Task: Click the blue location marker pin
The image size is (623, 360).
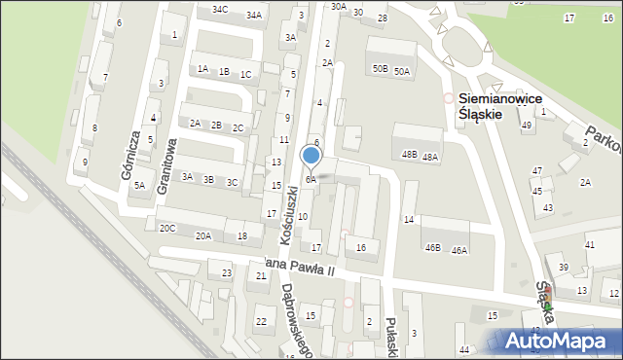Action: tap(311, 156)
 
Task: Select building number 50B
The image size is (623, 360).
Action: tap(380, 69)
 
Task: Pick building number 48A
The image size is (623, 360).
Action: tap(430, 157)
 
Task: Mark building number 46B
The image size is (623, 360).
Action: tap(433, 248)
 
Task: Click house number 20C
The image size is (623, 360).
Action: tap(167, 229)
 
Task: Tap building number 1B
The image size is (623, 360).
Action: tap(224, 72)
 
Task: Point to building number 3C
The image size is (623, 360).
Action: tap(232, 182)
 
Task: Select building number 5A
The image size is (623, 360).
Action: tap(139, 186)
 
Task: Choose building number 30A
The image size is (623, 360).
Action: tap(338, 6)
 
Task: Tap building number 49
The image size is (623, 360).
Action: tap(527, 126)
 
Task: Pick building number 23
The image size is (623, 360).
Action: tap(227, 273)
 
